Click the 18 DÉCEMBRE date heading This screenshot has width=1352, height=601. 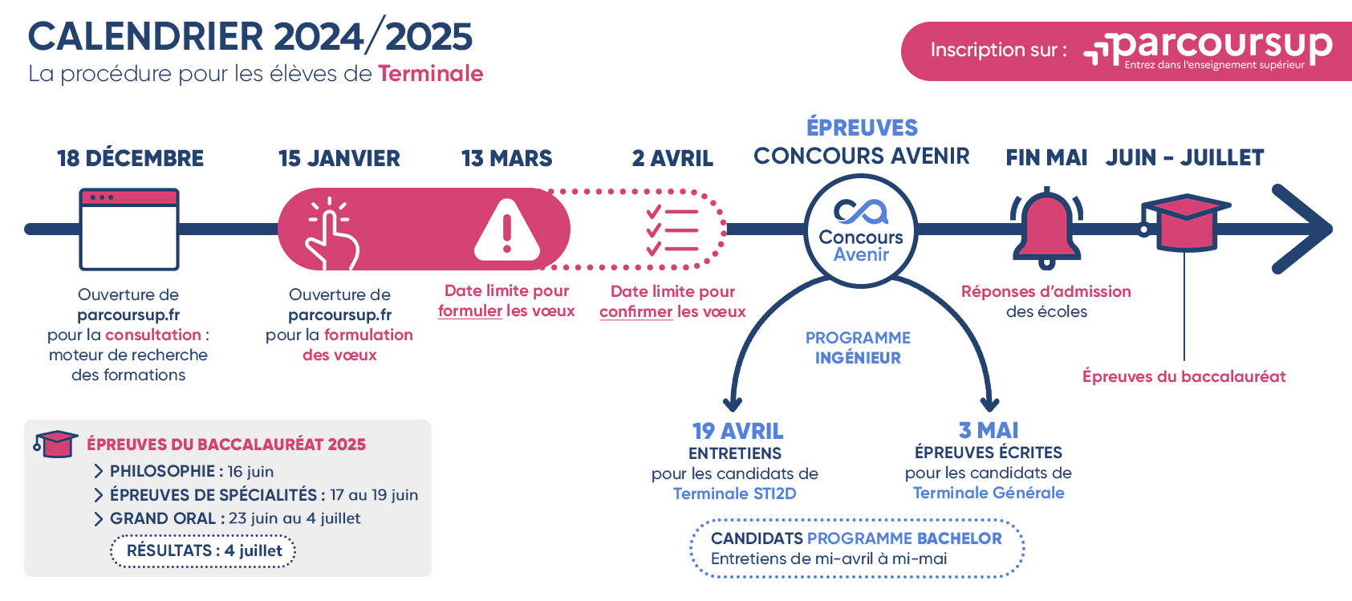(130, 158)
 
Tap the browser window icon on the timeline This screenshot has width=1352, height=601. (129, 229)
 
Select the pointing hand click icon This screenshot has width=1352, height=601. (331, 233)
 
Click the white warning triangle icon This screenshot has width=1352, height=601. (507, 230)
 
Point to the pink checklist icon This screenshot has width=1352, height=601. (672, 230)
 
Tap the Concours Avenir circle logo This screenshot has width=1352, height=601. (861, 230)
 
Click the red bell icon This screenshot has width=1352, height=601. (1046, 228)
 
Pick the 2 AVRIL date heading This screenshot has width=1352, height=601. (672, 158)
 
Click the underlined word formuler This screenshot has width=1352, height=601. (470, 311)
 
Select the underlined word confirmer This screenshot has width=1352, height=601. (635, 311)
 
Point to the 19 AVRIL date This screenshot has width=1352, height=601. (737, 431)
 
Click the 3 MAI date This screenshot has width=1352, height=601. (989, 430)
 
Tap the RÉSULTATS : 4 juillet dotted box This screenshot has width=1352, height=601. (204, 551)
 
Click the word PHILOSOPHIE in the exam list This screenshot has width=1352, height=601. (162, 471)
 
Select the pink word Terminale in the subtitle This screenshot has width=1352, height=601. (430, 74)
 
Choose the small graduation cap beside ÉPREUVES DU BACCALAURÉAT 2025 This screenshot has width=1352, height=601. (55, 444)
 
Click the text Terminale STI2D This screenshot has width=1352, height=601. (734, 493)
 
